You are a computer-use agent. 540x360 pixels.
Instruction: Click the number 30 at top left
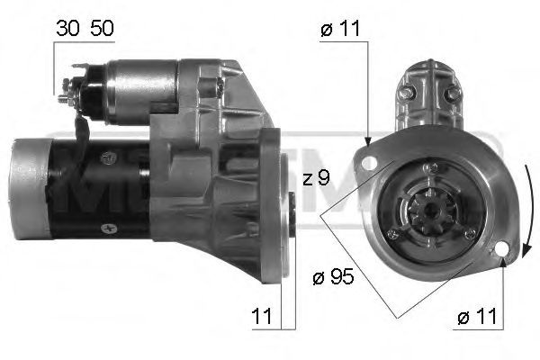(x=67, y=28)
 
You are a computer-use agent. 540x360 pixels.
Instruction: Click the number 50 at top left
(x=100, y=28)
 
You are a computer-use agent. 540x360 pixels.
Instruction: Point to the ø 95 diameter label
(x=333, y=276)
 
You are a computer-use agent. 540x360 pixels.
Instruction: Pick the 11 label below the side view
(x=262, y=317)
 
